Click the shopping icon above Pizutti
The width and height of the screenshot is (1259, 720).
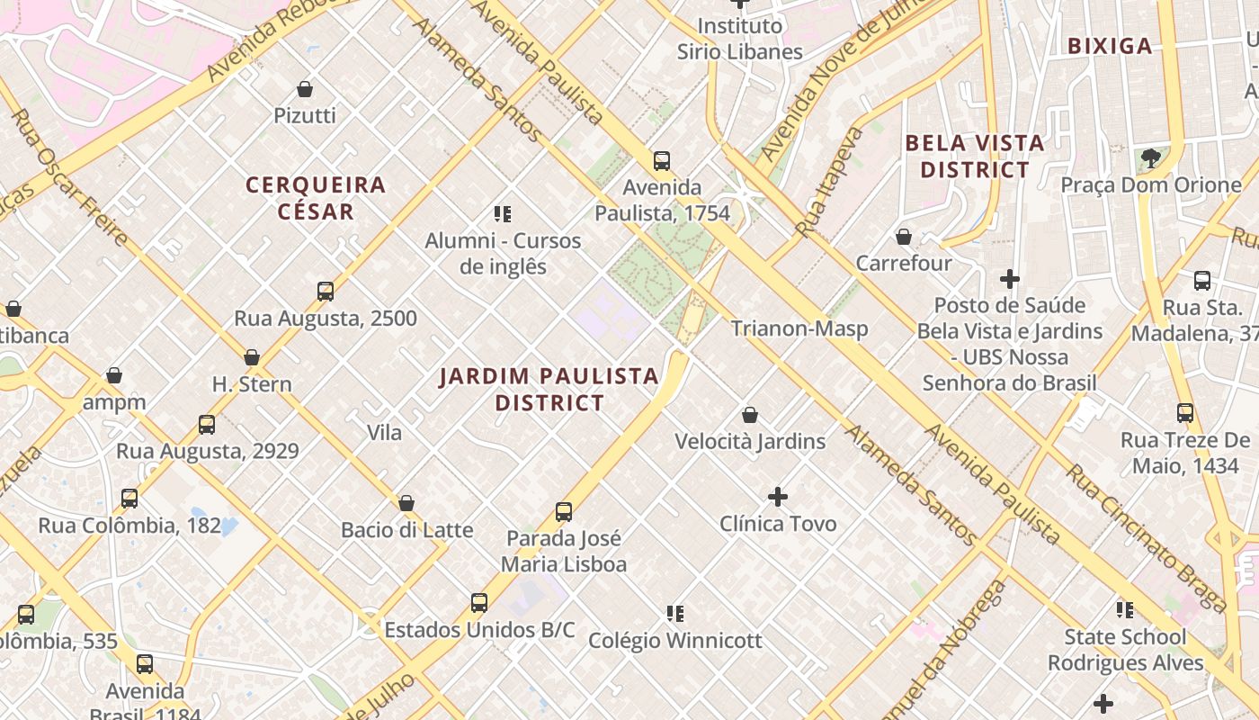point(305,89)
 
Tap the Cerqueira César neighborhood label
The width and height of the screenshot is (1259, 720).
point(316,198)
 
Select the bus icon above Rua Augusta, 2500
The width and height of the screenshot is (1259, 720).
point(326,292)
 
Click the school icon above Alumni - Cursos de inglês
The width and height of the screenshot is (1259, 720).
point(503,214)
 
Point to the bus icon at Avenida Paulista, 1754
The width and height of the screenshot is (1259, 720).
point(662,161)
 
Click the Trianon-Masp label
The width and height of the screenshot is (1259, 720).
point(799,328)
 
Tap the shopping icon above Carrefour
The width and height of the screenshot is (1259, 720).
point(904,237)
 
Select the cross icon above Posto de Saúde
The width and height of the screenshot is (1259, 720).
point(1010,279)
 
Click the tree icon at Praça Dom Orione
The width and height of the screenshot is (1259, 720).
point(1150,158)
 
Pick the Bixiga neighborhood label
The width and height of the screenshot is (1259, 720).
point(1110,47)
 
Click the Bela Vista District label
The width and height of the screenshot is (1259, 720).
point(975,156)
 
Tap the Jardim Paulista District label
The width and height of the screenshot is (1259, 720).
point(549,389)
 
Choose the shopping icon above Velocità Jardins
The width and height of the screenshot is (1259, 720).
point(750,415)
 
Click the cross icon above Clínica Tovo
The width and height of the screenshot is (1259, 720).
point(778,497)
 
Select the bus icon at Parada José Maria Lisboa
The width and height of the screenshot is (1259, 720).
point(564,512)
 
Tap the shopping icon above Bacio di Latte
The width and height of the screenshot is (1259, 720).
point(406,503)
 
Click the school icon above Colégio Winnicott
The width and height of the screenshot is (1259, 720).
point(675,614)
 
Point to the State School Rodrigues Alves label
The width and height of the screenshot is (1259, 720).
point(1125,650)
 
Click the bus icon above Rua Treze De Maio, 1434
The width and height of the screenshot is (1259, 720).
point(1185,413)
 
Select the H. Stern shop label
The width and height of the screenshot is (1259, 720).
point(252,384)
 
